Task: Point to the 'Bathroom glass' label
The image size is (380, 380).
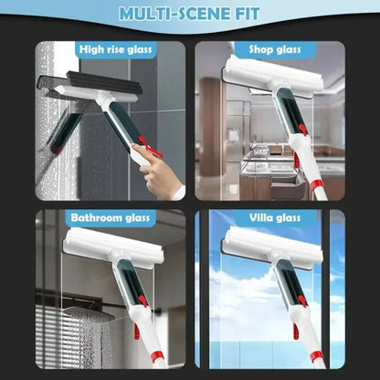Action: click(x=112, y=218)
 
